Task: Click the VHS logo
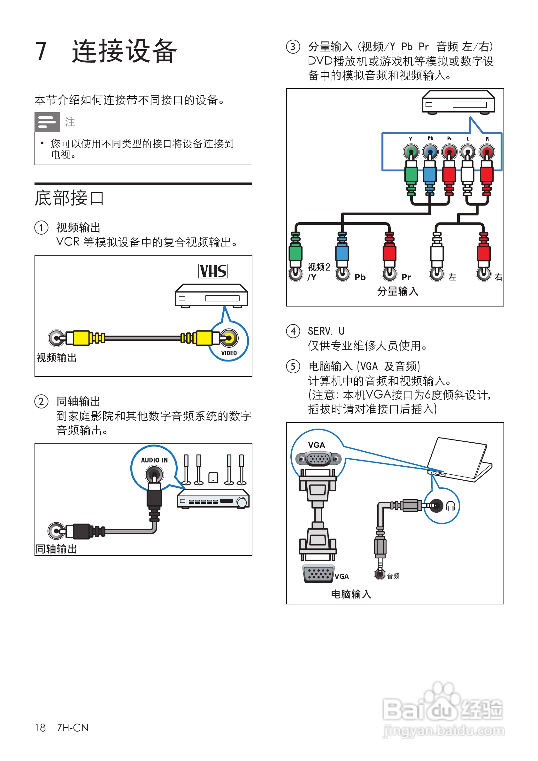(213, 271)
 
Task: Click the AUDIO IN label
(154, 460)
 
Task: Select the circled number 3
(293, 47)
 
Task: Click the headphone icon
(450, 506)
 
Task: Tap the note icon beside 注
(47, 122)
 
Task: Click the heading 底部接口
(70, 198)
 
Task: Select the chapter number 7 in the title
(41, 51)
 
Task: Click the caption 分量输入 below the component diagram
(397, 291)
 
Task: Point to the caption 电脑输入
(351, 594)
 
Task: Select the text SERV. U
(326, 331)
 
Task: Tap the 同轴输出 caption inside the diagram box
(57, 549)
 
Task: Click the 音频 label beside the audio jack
(393, 576)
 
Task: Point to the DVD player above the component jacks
(458, 102)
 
